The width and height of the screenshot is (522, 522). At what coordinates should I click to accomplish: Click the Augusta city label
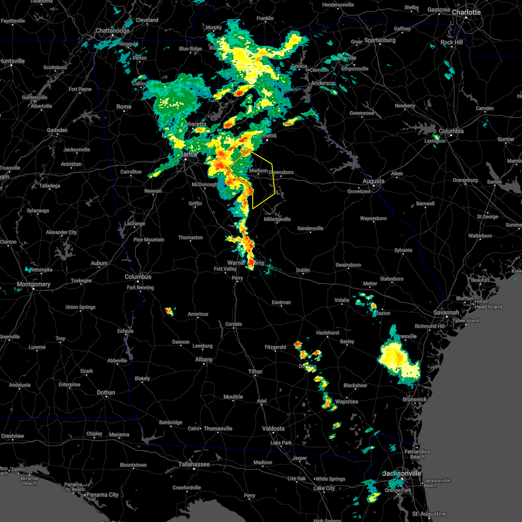(x=373, y=181)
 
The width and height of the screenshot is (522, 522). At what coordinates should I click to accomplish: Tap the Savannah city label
(x=446, y=312)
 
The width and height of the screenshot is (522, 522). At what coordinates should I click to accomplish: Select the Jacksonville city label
(x=402, y=473)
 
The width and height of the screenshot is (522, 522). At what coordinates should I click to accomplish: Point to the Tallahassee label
(x=194, y=464)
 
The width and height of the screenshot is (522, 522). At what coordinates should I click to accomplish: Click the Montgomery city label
(x=33, y=284)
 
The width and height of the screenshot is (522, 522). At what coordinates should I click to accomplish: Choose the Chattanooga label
(x=112, y=31)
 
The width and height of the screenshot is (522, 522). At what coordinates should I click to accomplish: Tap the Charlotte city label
(x=466, y=12)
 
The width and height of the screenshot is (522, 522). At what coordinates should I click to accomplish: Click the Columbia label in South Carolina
(x=451, y=131)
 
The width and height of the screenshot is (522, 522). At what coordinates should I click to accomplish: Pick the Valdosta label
(x=274, y=428)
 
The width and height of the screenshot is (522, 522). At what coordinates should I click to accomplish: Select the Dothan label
(x=106, y=392)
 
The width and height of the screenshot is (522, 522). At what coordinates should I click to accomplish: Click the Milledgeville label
(x=277, y=219)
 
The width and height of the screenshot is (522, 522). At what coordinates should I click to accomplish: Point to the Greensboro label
(x=281, y=172)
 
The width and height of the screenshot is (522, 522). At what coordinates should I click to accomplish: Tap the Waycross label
(x=346, y=402)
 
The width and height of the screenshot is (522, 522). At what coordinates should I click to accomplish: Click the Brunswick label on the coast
(x=415, y=399)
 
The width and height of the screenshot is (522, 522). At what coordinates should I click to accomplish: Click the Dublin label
(x=303, y=270)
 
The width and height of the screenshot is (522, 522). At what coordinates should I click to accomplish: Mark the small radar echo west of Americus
(x=169, y=311)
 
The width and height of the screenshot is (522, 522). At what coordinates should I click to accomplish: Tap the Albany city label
(x=204, y=359)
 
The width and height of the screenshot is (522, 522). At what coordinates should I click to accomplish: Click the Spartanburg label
(x=380, y=40)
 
